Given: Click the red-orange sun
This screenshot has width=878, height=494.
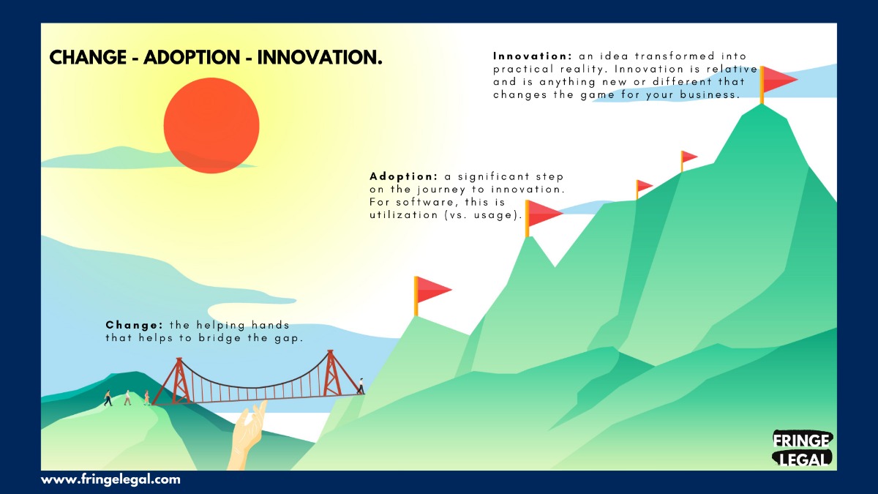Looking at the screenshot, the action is tap(211, 125).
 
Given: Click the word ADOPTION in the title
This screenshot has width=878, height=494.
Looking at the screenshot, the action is tap(192, 57).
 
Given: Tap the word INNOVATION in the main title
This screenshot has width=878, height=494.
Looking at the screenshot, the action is tap(320, 57).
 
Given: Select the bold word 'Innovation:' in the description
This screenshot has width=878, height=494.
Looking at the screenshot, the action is tap(533, 56).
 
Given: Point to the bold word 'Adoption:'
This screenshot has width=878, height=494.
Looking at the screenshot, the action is tap(403, 177).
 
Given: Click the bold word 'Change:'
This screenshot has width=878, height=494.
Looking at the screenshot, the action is tap(134, 325).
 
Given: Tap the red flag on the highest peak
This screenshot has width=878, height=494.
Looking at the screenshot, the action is tap(778, 85).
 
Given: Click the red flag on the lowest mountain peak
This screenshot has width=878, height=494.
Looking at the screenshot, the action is tap(432, 296).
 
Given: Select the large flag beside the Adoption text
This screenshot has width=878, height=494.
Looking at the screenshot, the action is tap(543, 218).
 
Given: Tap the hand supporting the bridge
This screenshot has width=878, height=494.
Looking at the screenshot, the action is tap(248, 435).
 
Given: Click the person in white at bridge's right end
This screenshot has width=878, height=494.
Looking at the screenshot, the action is tap(361, 386).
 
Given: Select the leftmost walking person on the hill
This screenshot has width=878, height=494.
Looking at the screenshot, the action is tap(108, 398).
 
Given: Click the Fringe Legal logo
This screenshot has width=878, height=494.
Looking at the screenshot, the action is tap(802, 449).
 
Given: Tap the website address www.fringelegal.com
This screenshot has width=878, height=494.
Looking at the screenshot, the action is tap(110, 479).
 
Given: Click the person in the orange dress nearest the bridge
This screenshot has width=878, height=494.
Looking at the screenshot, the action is tap(146, 397).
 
